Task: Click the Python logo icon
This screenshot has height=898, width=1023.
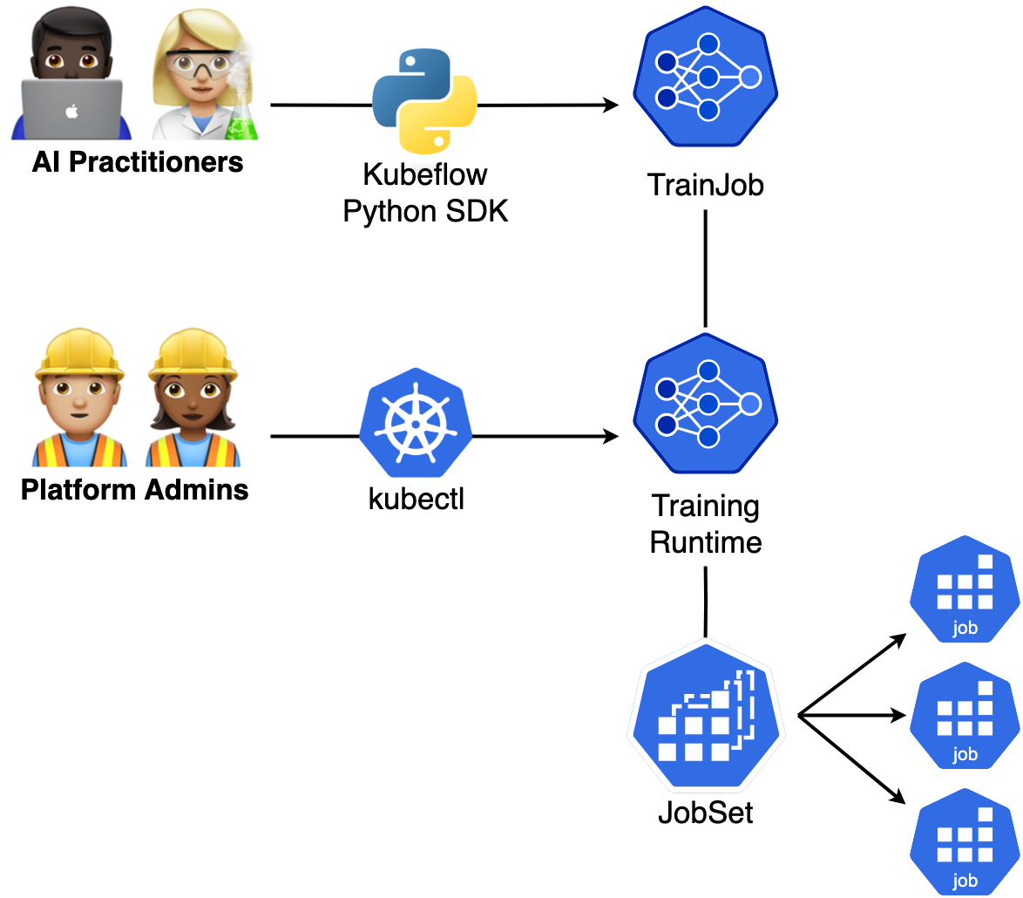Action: tap(424, 101)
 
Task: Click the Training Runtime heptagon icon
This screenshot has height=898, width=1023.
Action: tap(706, 404)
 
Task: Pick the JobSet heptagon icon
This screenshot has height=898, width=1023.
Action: tap(706, 715)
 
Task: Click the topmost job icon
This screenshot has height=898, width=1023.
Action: tap(965, 589)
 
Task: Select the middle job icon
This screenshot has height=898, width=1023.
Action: tap(965, 715)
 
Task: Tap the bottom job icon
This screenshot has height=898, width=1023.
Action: tap(965, 841)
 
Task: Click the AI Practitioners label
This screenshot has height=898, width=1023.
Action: tap(138, 162)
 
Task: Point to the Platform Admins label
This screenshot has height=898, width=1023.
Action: tap(135, 490)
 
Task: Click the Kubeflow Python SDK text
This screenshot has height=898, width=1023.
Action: tap(425, 193)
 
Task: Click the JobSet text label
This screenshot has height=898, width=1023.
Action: tap(706, 813)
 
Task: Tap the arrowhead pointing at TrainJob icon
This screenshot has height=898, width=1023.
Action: tap(611, 105)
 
